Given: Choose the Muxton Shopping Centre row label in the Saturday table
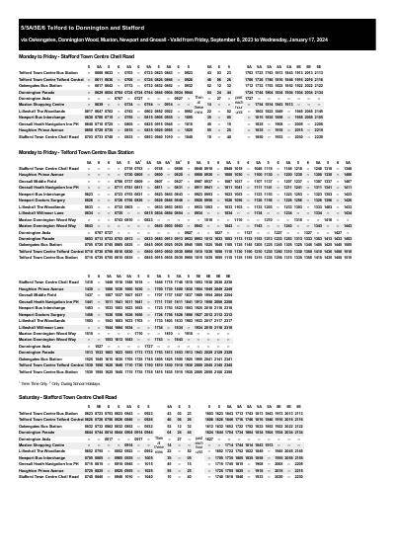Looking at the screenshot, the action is [x=42, y=445].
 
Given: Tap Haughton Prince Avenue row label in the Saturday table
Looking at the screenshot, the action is [x=40, y=471].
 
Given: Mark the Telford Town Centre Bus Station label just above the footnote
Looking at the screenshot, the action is [x=48, y=371].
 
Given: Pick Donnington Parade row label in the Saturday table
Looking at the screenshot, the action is [x=38, y=433].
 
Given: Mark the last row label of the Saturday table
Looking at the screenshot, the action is [x=48, y=477].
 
